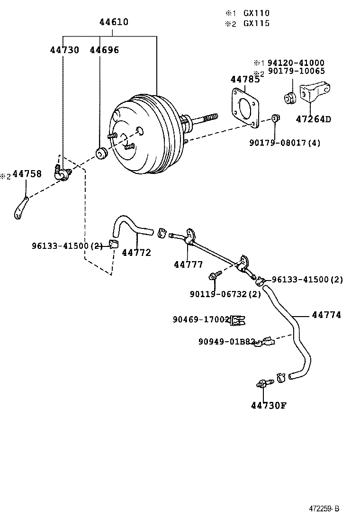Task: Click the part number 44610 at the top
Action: pyautogui.click(x=114, y=22)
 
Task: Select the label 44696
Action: pyautogui.click(x=104, y=50)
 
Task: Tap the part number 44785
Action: pyautogui.click(x=245, y=79)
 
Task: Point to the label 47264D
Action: pyautogui.click(x=313, y=119)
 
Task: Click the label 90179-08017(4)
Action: pyautogui.click(x=285, y=142)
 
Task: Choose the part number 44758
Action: pyautogui.click(x=27, y=174)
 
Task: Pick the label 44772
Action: pyautogui.click(x=136, y=253)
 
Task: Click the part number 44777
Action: pyautogui.click(x=188, y=264)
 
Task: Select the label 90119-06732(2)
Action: pyautogui.click(x=225, y=294)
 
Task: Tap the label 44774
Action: pyautogui.click(x=326, y=315)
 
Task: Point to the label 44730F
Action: pyautogui.click(x=269, y=405)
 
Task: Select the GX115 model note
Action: pyautogui.click(x=256, y=23)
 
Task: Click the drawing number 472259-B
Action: pyautogui.click(x=324, y=509)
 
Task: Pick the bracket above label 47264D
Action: pyautogui.click(x=314, y=93)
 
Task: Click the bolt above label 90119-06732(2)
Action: pyautogui.click(x=215, y=276)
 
